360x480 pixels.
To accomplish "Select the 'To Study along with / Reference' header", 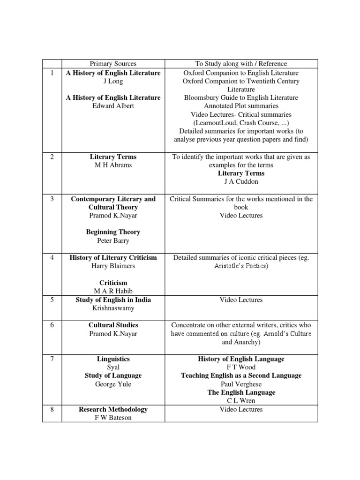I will coord(241,64).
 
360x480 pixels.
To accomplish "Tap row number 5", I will coord(52,300).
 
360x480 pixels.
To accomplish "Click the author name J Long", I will coord(113,81).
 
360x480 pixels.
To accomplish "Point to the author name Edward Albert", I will coord(113,106).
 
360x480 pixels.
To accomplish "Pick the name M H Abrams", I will coord(113,165).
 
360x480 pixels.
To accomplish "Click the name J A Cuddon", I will coord(241,181).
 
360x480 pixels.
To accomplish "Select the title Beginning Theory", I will coord(113,232).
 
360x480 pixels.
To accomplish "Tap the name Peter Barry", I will coord(113,240).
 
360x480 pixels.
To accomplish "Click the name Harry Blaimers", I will coord(113,266).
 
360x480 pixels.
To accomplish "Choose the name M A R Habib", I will coord(113,291).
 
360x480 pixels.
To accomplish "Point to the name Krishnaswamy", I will coord(113,308).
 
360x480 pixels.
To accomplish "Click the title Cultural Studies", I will coord(113,325).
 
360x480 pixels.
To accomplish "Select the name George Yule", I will coord(113,384).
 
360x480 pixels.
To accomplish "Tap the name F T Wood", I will coord(241,367).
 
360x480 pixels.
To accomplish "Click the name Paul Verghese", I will coord(241,384).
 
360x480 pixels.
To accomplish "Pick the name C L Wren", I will coord(241,401).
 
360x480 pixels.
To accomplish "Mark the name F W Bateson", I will coord(113,418).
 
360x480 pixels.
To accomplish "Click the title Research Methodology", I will coord(113,409).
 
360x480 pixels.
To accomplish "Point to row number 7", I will coord(52,359).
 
